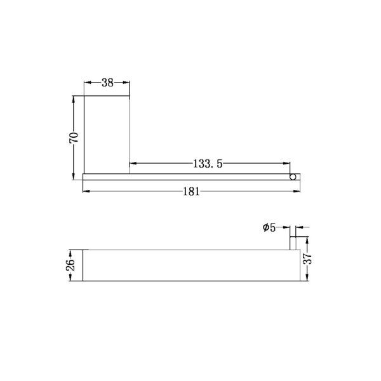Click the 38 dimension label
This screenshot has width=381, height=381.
(107, 82)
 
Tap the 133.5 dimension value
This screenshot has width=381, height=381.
(207, 164)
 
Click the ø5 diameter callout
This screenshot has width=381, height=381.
(269, 227)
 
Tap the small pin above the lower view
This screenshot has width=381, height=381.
(294, 243)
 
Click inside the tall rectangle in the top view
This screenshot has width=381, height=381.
(107, 133)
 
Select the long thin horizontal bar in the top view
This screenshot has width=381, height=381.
(184, 177)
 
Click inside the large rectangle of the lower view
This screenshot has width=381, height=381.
(190, 265)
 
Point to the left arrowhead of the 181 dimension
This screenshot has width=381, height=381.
(86, 191)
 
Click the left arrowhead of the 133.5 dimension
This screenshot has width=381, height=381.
(132, 164)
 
